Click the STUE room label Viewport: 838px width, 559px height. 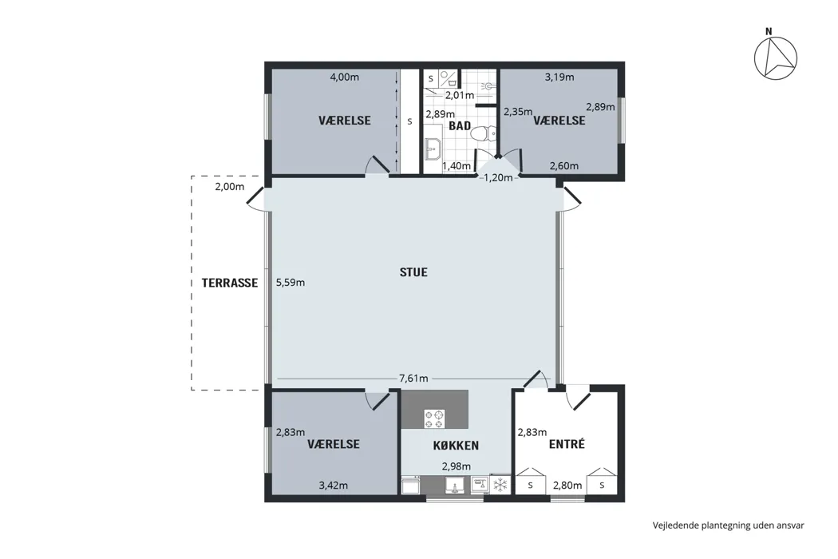(413, 272)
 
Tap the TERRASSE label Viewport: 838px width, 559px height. (230, 283)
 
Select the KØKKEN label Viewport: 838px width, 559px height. (456, 445)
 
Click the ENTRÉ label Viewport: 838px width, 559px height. (567, 444)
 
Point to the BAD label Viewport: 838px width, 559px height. (460, 126)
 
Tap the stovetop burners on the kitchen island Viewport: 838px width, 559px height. (434, 418)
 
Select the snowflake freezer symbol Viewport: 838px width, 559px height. (500, 485)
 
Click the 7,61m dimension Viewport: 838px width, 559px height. (413, 379)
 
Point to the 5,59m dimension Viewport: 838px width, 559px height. (291, 283)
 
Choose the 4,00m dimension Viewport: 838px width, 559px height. (344, 77)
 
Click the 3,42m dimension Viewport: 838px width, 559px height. (334, 486)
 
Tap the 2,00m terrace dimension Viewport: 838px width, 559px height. (230, 187)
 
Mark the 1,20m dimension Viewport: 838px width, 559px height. (498, 177)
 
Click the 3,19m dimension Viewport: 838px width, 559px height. (559, 77)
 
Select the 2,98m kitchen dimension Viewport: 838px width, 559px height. (457, 466)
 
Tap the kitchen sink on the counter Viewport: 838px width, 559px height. (455, 485)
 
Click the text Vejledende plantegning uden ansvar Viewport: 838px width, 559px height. (729, 525)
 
